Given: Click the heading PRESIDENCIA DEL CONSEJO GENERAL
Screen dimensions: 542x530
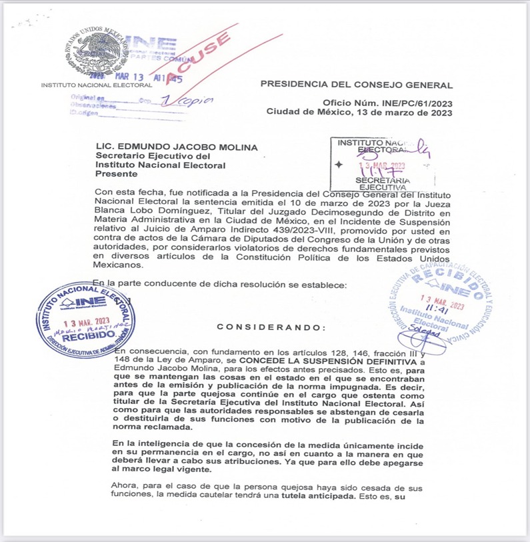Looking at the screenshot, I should [x=356, y=85].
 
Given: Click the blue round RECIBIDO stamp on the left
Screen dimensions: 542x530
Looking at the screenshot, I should [x=85, y=319].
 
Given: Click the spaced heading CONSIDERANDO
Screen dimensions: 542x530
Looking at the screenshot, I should [x=271, y=327].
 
